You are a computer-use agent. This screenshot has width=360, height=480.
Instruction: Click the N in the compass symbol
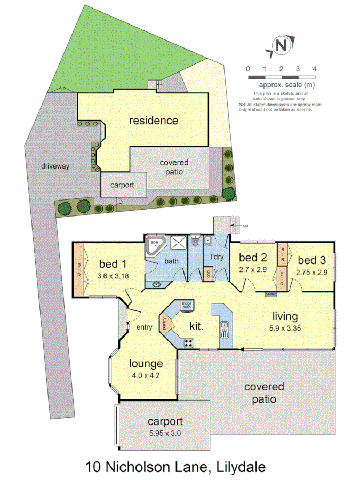tap(281, 46)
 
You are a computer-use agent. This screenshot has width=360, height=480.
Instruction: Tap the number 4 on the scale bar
tap(315, 69)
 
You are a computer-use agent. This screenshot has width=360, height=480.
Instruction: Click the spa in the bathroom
tap(156, 246)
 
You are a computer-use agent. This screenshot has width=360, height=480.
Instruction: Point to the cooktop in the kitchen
tap(188, 343)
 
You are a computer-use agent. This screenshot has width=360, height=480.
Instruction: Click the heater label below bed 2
tap(271, 294)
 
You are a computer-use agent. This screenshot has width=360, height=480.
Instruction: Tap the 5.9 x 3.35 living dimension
tap(286, 328)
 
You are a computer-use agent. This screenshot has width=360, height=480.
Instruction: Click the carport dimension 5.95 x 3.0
tap(165, 433)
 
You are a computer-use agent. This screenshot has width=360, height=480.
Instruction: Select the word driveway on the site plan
tap(55, 166)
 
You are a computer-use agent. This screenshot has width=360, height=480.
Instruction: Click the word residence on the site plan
tap(154, 121)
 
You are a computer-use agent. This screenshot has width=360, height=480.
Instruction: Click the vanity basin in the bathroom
tap(156, 283)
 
